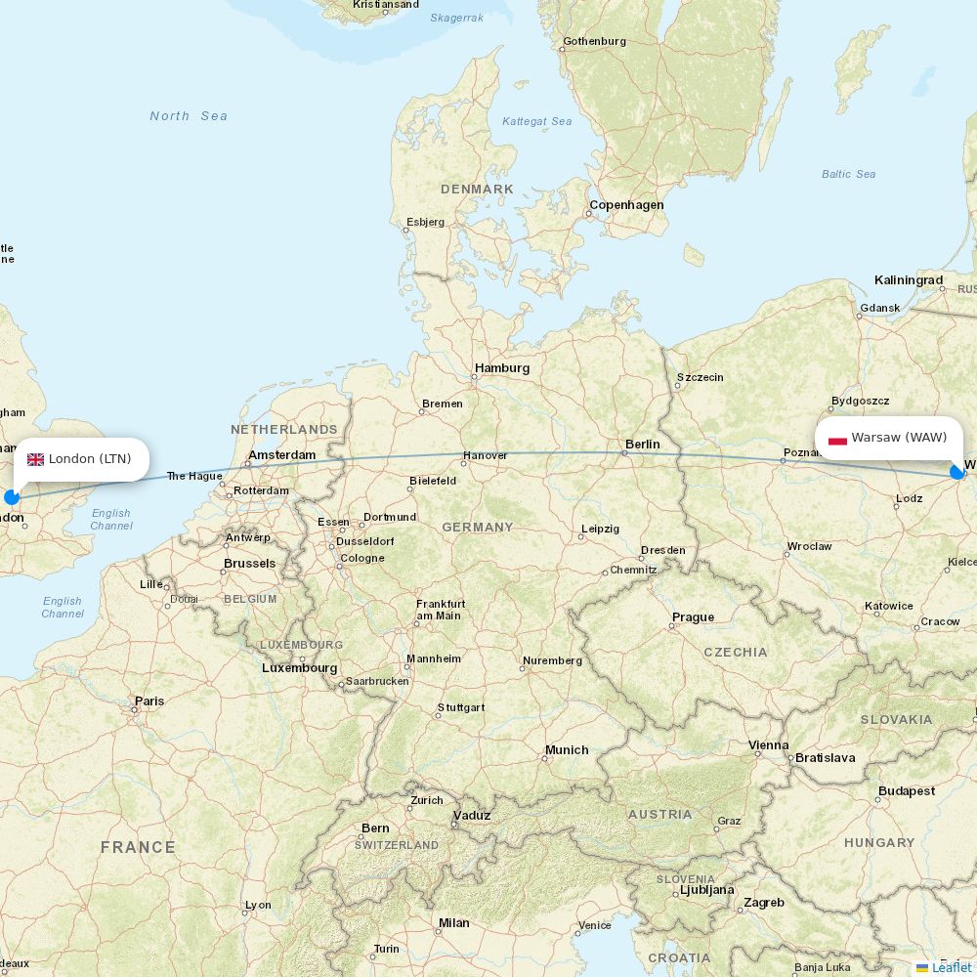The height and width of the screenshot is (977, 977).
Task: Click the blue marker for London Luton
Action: tap(12, 497)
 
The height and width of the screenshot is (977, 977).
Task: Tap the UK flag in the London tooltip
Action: tap(35, 459)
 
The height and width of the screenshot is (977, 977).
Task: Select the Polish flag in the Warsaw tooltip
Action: tap(837, 439)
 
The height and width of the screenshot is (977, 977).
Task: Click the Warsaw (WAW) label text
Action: tap(899, 438)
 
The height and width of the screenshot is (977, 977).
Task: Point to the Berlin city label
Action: tap(643, 445)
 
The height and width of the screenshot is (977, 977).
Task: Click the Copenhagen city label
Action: tap(626, 205)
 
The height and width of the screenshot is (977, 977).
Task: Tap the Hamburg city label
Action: tap(502, 368)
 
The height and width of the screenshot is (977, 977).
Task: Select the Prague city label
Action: tap(693, 617)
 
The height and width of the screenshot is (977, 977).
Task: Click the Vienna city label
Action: tap(768, 745)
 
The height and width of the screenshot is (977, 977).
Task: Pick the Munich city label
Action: tap(567, 750)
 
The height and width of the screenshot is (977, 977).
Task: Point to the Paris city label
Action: tap(149, 701)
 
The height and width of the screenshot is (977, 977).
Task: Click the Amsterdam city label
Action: tap(282, 455)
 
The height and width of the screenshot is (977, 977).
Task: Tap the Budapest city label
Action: tap(907, 791)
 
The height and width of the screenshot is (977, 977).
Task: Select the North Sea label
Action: tap(189, 116)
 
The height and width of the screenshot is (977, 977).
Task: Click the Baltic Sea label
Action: tap(848, 174)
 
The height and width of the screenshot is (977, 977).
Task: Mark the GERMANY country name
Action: tap(478, 528)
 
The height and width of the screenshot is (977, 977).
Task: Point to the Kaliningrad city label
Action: tap(909, 280)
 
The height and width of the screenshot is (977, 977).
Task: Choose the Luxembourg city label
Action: tap(299, 668)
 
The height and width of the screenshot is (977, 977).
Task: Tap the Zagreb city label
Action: tap(763, 903)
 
